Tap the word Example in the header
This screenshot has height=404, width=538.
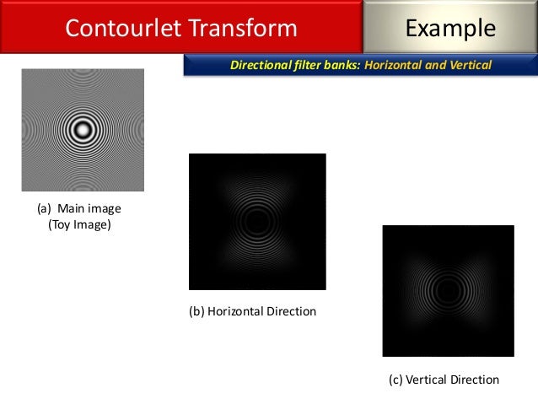point(450,29)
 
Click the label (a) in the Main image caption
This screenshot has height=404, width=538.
point(45,208)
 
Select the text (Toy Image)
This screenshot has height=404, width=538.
point(79,224)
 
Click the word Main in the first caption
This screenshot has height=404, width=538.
point(72,208)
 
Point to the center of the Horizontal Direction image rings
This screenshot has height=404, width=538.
point(256,222)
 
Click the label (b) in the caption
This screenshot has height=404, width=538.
point(196,312)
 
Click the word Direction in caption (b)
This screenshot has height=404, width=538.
point(291,312)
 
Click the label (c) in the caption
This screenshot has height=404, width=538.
point(395,380)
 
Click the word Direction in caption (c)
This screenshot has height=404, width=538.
point(475,380)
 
